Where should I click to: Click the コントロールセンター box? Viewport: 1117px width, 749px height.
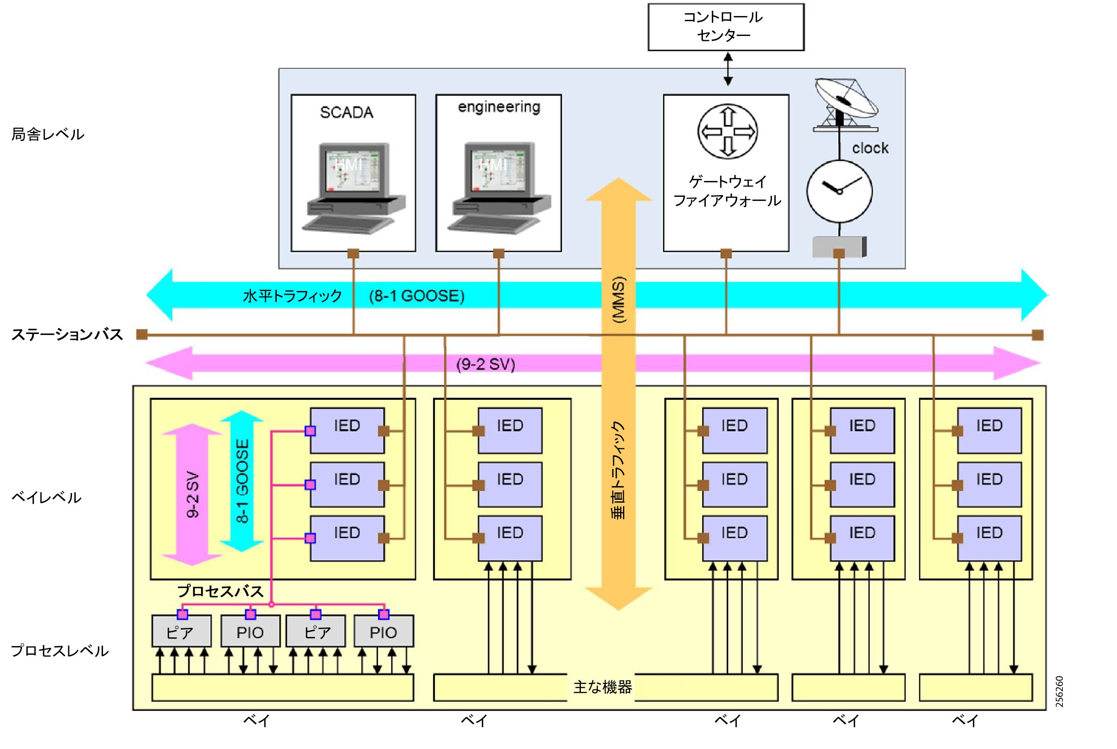(x=725, y=27)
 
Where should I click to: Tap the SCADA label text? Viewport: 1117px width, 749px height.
(x=347, y=113)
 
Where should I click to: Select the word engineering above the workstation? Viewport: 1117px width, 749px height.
(x=499, y=107)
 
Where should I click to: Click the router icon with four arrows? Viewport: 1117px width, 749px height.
(x=727, y=131)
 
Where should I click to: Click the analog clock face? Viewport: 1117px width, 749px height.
(x=839, y=191)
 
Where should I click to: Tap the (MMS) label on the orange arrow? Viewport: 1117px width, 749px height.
(x=618, y=300)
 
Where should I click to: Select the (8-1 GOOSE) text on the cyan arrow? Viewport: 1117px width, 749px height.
(x=416, y=296)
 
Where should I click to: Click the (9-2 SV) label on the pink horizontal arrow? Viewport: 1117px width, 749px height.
(x=485, y=365)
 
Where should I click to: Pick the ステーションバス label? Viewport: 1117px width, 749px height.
(x=67, y=334)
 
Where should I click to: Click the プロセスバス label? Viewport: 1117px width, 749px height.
(x=221, y=592)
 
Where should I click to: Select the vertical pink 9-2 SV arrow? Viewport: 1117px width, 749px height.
(x=192, y=494)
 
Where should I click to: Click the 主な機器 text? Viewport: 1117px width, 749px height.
(x=602, y=687)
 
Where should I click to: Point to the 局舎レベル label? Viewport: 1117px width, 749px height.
(x=48, y=134)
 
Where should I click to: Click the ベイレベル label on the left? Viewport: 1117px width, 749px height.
(x=46, y=497)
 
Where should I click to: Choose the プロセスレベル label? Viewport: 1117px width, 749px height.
(x=60, y=651)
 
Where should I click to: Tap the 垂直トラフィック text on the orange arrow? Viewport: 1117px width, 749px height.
(x=618, y=470)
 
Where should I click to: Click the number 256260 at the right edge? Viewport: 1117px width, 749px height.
(x=1059, y=691)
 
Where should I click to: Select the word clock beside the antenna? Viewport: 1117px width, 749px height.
(x=870, y=148)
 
